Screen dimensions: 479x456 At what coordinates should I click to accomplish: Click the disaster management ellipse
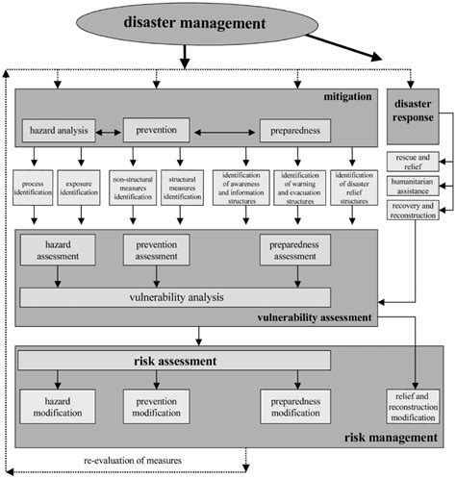pos(207,25)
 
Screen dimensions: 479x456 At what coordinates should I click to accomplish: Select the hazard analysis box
pos(60,128)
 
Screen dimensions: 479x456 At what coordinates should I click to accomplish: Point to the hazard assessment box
pos(60,252)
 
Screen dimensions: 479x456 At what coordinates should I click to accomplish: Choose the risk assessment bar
pos(174,363)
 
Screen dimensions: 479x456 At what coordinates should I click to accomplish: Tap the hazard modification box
pos(60,404)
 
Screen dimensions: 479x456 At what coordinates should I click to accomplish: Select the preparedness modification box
pos(296,404)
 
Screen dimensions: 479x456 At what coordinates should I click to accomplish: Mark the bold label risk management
pos(390,440)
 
